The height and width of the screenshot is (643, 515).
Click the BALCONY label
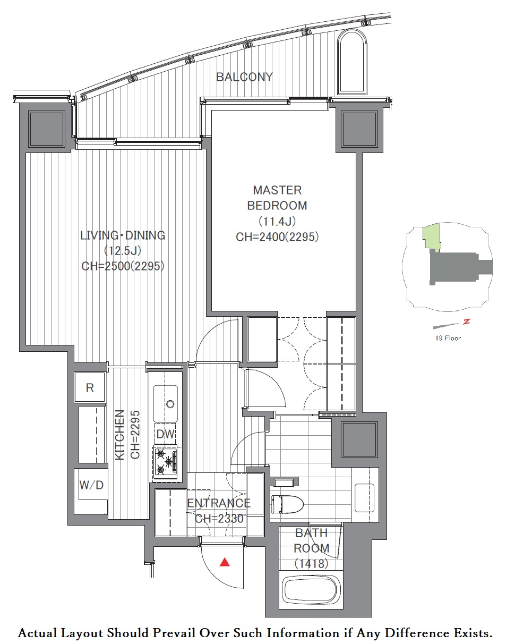click(x=244, y=77)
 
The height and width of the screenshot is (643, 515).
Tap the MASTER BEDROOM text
click(x=277, y=198)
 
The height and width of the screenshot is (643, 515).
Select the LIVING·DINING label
click(x=123, y=235)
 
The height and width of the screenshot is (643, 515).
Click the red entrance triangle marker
click(x=225, y=562)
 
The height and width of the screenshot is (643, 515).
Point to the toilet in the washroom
click(x=287, y=504)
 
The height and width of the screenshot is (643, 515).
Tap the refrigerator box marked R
click(x=90, y=387)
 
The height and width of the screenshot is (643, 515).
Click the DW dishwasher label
click(x=165, y=434)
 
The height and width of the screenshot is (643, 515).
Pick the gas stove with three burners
click(x=166, y=461)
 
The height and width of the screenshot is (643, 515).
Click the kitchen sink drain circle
click(x=170, y=404)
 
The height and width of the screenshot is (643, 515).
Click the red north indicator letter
click(x=467, y=322)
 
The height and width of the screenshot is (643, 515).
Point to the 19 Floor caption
click(x=448, y=338)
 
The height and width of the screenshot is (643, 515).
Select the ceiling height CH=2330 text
click(x=219, y=519)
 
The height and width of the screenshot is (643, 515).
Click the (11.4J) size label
click(x=277, y=222)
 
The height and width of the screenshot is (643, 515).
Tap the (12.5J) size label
click(x=123, y=251)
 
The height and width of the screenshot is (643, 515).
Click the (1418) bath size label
click(x=311, y=563)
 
